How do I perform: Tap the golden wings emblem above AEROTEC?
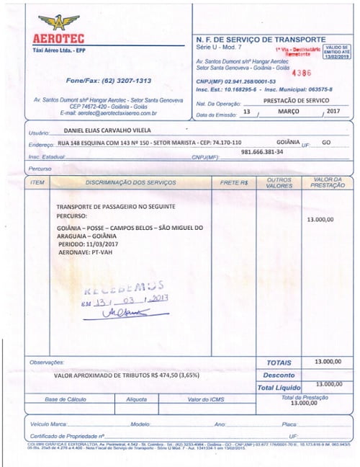point(59,21)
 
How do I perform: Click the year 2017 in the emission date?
point(332,112)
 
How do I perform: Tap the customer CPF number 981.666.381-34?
point(262,151)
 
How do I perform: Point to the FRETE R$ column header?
point(234,182)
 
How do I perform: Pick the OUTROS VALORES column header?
point(279,182)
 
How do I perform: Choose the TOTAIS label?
point(279,363)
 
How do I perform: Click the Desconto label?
point(279,375)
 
